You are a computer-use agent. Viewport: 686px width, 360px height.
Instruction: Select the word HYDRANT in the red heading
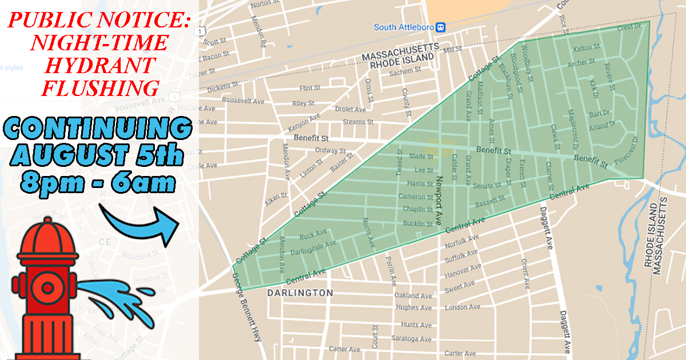100,65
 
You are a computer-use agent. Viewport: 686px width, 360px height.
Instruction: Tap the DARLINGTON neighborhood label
300,293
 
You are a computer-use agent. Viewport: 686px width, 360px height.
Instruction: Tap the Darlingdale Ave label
313,247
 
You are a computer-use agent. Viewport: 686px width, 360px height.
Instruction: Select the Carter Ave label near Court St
345,349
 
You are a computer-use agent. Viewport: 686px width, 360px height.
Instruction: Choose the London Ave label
457,307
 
